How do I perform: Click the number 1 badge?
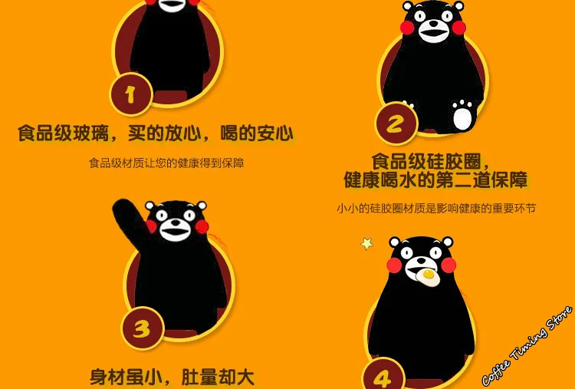[x=131, y=94]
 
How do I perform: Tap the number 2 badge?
[x=396, y=124]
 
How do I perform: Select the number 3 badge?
[x=143, y=328]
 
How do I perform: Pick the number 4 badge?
[x=383, y=376]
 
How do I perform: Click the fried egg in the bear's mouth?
[x=428, y=277]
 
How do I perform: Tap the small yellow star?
[x=366, y=243]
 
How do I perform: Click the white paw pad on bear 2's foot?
[x=462, y=117]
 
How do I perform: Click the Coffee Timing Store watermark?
[x=527, y=345]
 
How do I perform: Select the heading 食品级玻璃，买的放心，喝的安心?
[x=156, y=134]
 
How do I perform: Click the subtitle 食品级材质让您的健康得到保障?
[x=166, y=163]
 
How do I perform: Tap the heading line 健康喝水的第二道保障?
[x=435, y=180]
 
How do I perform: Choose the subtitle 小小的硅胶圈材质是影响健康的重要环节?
[x=436, y=208]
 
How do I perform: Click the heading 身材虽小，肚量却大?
[x=172, y=377]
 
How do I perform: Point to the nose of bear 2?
[x=433, y=24]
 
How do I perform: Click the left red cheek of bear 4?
[x=394, y=265]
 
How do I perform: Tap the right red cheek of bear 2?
[x=458, y=28]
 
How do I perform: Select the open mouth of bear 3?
[x=175, y=232]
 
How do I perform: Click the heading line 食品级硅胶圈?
[x=431, y=160]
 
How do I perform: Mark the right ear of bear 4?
[x=448, y=242]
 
